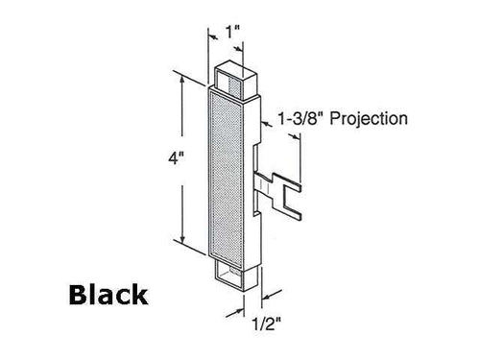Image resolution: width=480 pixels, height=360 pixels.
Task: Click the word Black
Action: click(107, 294)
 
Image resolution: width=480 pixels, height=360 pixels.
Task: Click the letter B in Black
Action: click(77, 294)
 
